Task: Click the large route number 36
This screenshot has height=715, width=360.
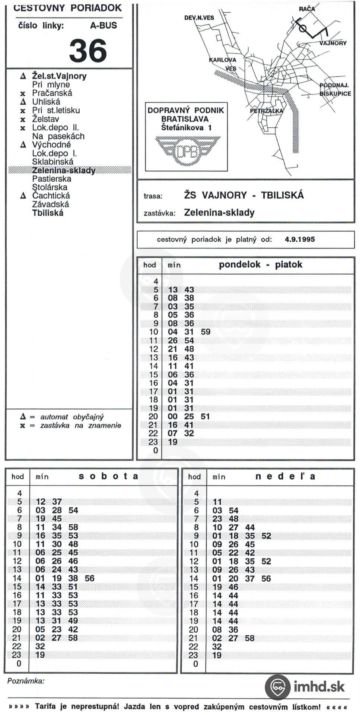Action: point(88,51)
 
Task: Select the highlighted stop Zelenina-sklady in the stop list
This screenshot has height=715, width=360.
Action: point(64,171)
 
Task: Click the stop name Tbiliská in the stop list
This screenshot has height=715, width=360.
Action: point(48,213)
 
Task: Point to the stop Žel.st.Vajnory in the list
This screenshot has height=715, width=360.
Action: point(59,76)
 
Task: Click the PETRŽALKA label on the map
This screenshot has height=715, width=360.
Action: point(266,111)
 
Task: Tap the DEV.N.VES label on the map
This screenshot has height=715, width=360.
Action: point(199,18)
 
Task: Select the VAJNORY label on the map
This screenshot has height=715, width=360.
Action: point(332,43)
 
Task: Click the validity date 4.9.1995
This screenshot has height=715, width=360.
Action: point(300,239)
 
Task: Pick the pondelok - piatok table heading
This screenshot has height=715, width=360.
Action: point(260,265)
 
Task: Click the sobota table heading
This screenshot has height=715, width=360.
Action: point(108,476)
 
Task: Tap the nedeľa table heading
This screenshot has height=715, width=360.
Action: point(285,476)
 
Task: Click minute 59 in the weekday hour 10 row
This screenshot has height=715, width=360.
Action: point(206,332)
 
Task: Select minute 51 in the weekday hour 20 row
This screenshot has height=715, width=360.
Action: point(205,416)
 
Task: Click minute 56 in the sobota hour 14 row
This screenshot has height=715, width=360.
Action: point(89,578)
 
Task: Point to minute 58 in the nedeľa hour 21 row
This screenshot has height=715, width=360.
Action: point(249,638)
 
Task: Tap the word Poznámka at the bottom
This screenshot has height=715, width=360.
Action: point(26,681)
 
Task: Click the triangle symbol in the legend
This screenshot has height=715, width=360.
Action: point(23,417)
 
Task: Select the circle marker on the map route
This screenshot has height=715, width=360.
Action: point(303,29)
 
